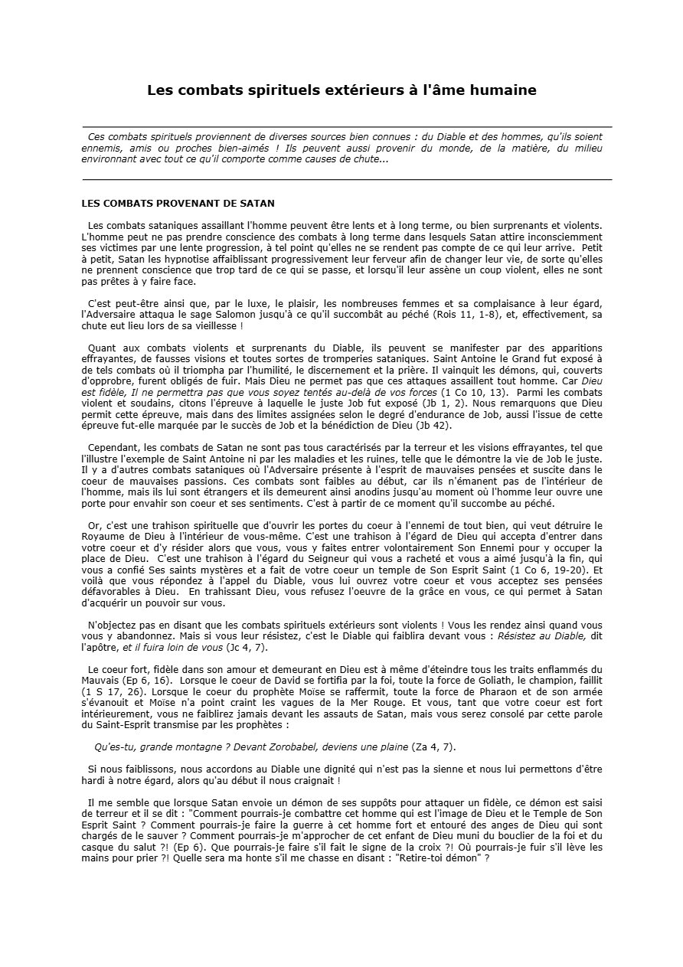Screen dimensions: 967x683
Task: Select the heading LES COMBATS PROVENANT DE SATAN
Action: pyautogui.click(x=178, y=204)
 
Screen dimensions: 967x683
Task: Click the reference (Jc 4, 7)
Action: pyautogui.click(x=248, y=626)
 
